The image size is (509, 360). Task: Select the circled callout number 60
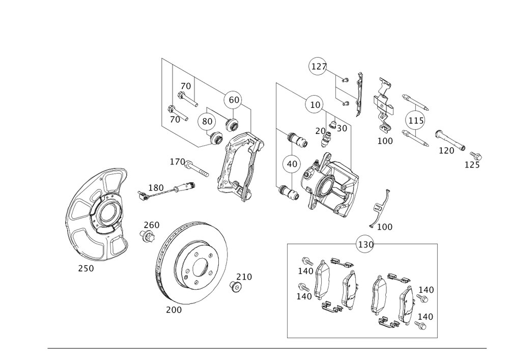click(x=233, y=100)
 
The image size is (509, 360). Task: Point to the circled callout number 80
click(x=207, y=122)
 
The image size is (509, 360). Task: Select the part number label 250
click(x=86, y=268)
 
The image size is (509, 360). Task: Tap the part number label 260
click(x=151, y=225)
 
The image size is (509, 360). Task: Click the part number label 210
click(x=244, y=276)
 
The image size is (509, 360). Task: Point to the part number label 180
click(x=156, y=188)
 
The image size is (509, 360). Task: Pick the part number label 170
click(x=178, y=161)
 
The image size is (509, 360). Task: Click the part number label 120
click(x=446, y=151)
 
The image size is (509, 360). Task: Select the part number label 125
click(x=472, y=164)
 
